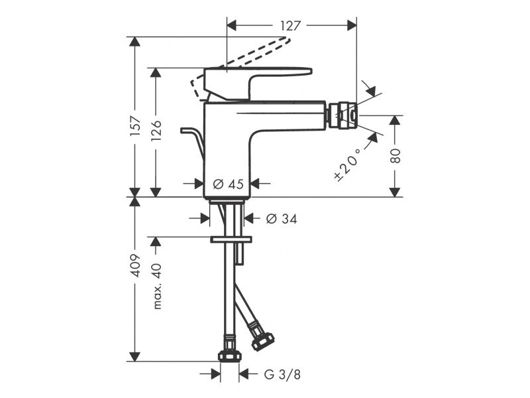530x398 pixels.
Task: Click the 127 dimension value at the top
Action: pos(290,26)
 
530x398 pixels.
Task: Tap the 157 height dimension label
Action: pos(135,126)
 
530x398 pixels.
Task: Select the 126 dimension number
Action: pos(156,130)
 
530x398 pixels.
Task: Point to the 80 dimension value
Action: pos(395,155)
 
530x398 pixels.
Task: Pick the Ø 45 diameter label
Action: pos(228,184)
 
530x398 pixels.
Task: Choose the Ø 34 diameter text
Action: pos(282,219)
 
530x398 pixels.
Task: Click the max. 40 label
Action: pos(157,287)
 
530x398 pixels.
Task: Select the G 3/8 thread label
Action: pos(282,375)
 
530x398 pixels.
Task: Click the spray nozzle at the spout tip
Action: pos(341,115)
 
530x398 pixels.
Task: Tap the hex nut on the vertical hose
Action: pos(230,356)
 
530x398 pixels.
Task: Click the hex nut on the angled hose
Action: pos(262,341)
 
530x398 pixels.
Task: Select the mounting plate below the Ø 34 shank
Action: pos(231,239)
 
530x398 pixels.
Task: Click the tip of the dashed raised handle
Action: pos(288,40)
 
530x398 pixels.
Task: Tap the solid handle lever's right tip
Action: pos(311,71)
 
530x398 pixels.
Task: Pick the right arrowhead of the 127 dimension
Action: pos(352,25)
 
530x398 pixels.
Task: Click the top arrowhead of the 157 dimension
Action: pos(135,42)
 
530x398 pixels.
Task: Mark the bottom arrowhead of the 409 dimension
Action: pos(135,356)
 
